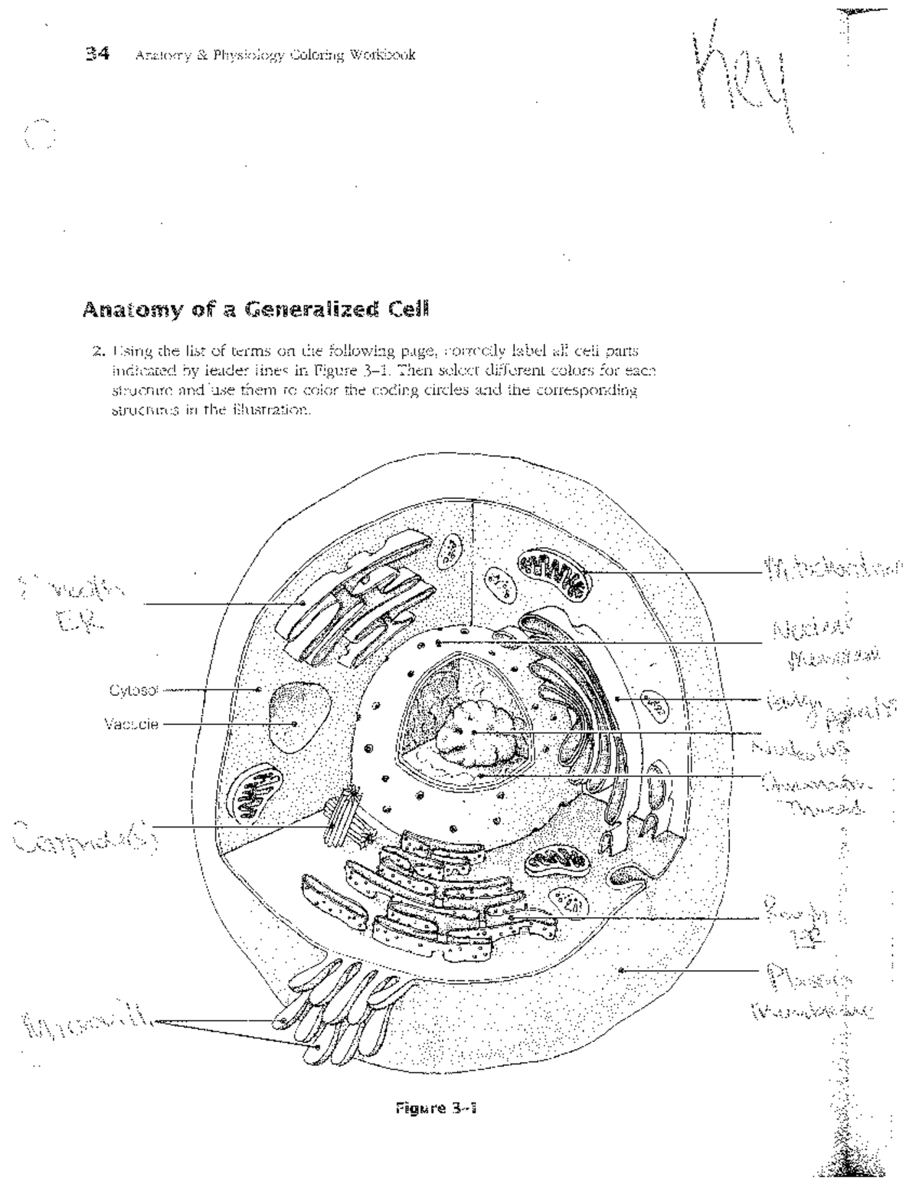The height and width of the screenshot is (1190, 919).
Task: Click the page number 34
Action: click(98, 54)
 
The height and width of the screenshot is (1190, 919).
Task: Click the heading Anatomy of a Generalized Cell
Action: click(255, 310)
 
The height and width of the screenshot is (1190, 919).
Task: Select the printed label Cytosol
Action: click(133, 690)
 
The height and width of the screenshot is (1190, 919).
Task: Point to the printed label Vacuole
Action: click(131, 723)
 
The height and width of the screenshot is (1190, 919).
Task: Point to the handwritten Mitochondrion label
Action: click(831, 569)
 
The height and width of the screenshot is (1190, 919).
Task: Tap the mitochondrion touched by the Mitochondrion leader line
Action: click(551, 575)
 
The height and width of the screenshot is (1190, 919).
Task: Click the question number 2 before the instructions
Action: click(97, 352)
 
